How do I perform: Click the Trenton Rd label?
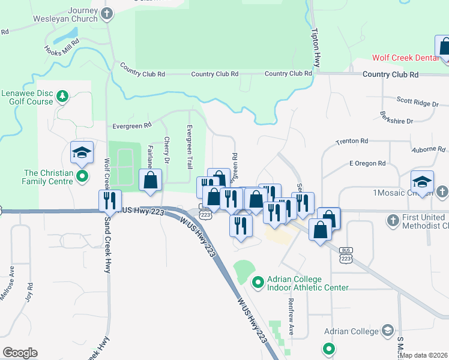click(x=352, y=141)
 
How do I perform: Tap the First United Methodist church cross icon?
click(x=393, y=220)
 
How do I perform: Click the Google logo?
click(x=20, y=353)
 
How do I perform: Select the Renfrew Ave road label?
click(x=291, y=316)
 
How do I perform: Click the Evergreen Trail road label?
click(x=188, y=142)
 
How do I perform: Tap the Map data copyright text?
click(x=423, y=355)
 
